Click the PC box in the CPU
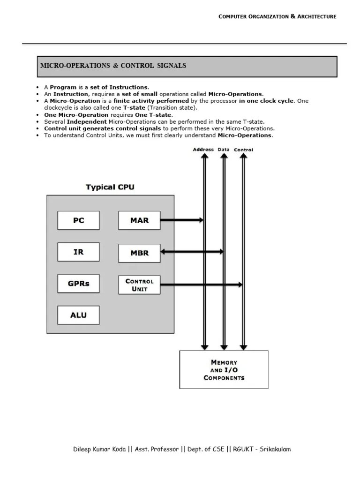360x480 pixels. (78, 220)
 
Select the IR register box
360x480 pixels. (78, 252)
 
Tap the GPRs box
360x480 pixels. (78, 284)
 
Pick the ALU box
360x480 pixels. (78, 315)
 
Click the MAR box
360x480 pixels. (139, 220)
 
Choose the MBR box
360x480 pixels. (139, 253)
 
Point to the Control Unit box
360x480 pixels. (139, 285)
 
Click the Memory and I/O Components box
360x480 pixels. (224, 369)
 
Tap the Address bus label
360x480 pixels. (203, 150)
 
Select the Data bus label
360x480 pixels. (224, 150)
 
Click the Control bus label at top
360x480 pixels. (243, 150)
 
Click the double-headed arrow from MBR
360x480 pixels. (191, 252)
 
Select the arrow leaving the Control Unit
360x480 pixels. (201, 285)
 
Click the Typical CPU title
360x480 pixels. (110, 187)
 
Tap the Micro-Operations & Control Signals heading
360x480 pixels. (113, 66)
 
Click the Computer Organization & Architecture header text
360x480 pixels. (277, 16)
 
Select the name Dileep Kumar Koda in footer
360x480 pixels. (99, 449)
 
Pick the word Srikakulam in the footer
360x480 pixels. (275, 449)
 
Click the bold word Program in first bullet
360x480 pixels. (63, 87)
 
